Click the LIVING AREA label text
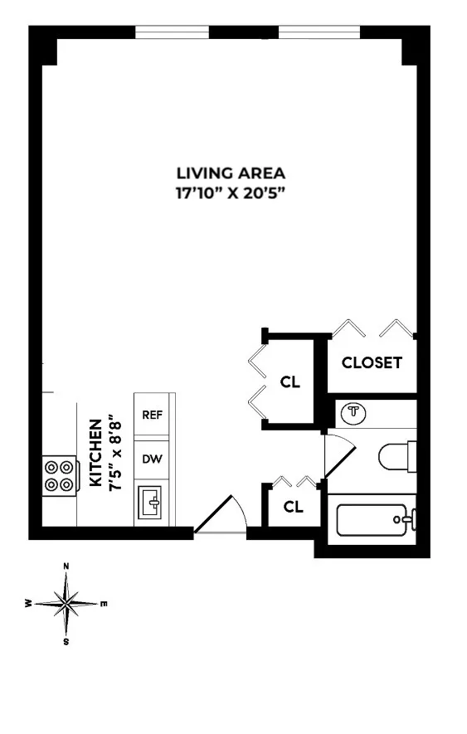coord(231,173)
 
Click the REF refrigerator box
coord(151,415)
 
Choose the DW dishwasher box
coord(151,459)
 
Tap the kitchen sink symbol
coord(152,503)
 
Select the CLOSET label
coord(372,362)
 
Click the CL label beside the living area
coord(289,383)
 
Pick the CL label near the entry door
coord(293,507)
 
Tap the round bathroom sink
coord(355,412)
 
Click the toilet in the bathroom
coord(397,456)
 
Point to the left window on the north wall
coord(172,32)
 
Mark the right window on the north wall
coord(319,32)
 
